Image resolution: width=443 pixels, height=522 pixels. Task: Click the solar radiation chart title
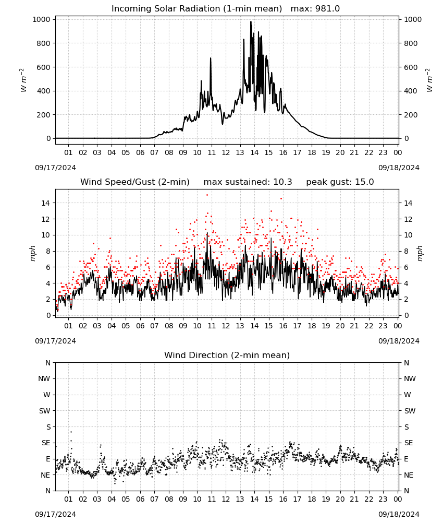point(225,9)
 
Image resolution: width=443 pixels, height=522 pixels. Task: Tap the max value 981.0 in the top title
point(327,9)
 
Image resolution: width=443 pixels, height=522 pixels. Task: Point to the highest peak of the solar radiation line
point(251,22)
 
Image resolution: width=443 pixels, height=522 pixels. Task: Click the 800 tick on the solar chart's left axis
point(44,43)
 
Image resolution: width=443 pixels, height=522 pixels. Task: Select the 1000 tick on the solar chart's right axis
point(413,19)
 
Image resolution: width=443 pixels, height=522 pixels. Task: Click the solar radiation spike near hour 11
point(211,58)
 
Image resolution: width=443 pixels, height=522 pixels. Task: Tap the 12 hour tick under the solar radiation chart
point(226,152)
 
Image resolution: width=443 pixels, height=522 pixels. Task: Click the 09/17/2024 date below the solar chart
point(55,168)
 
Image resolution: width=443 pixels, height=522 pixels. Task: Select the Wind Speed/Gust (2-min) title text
point(135,182)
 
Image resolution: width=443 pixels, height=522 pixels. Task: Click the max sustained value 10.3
point(283,182)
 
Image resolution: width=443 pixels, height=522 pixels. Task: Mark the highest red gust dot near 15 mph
point(207,195)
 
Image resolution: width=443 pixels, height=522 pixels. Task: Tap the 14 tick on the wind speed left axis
point(46,203)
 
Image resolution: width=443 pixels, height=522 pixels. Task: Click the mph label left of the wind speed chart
point(32,253)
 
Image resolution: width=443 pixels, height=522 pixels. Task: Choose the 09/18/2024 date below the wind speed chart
point(399,341)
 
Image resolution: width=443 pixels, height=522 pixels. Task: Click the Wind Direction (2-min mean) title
point(227,355)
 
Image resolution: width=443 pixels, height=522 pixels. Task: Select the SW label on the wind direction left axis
point(45,411)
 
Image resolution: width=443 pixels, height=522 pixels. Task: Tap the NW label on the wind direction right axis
point(410,378)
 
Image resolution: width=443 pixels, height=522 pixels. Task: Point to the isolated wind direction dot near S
point(71,432)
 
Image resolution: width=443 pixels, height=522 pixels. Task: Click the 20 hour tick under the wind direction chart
point(340,499)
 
